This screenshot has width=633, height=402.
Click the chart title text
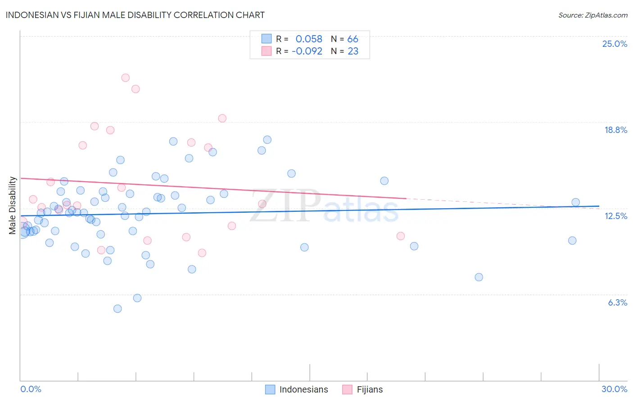click(135, 15)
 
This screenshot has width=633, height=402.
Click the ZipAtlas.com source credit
click(592, 15)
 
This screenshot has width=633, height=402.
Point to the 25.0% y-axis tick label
click(615, 44)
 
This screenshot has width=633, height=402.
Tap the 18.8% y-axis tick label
click(615, 130)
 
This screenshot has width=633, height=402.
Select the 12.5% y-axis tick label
click(615, 216)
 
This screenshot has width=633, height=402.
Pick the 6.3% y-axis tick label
click(617, 302)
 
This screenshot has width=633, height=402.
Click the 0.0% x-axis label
click(31, 389)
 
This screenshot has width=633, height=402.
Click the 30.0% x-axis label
click(614, 389)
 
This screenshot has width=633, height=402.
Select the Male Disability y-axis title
click(13, 206)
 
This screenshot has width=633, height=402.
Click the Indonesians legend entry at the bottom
click(303, 389)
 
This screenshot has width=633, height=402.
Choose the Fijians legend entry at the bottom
click(370, 389)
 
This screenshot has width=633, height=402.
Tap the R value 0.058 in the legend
click(309, 39)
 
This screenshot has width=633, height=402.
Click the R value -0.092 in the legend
click(307, 51)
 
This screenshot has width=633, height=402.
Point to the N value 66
click(353, 39)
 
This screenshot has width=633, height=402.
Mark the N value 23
click(353, 51)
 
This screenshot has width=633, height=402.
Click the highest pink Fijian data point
click(125, 78)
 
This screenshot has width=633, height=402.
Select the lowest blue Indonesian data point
click(118, 309)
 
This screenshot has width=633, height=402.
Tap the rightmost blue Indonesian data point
click(575, 202)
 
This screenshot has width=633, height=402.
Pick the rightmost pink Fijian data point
click(401, 236)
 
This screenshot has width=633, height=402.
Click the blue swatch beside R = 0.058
click(267, 39)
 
